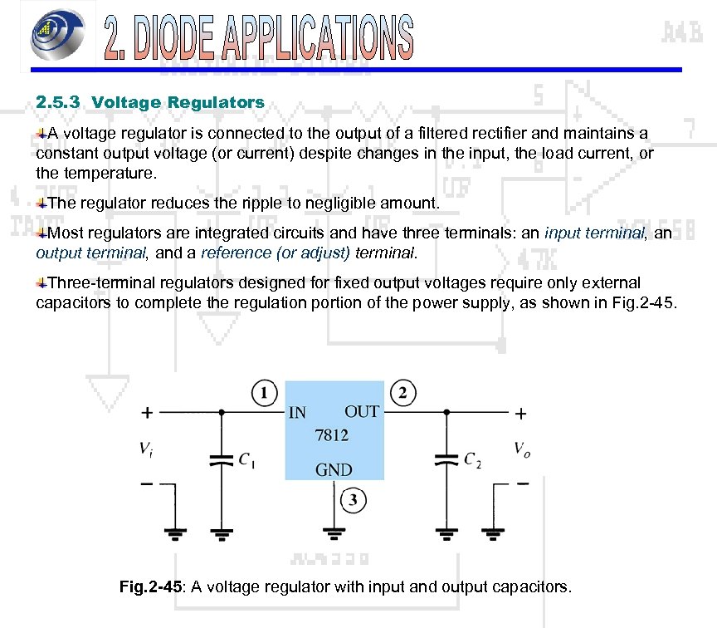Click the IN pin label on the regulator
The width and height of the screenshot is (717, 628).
pos(297,412)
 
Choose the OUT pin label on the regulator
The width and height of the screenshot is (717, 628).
pos(362,411)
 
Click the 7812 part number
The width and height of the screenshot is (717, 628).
pos(331,434)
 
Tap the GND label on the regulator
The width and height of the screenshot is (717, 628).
pos(334,469)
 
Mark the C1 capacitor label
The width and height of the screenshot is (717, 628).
pos(246,459)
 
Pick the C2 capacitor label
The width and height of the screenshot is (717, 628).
pos(471,459)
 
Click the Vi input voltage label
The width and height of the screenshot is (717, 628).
pos(146,449)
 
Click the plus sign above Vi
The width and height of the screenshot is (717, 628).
pos(147,412)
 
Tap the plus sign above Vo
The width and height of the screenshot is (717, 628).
pos(522,412)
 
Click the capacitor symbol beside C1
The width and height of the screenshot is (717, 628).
pos(222,459)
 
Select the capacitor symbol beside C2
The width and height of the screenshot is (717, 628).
pos(446,459)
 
